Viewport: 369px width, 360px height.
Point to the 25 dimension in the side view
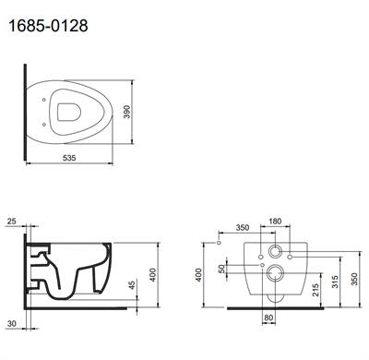tap(10, 222)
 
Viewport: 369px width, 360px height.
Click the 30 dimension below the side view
tap(11, 322)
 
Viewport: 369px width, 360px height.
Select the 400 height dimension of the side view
tap(153, 274)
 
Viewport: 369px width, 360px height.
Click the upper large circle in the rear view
tap(275, 252)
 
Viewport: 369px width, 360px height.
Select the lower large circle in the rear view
tap(275, 273)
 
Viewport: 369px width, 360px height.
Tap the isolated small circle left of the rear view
tap(217, 244)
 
